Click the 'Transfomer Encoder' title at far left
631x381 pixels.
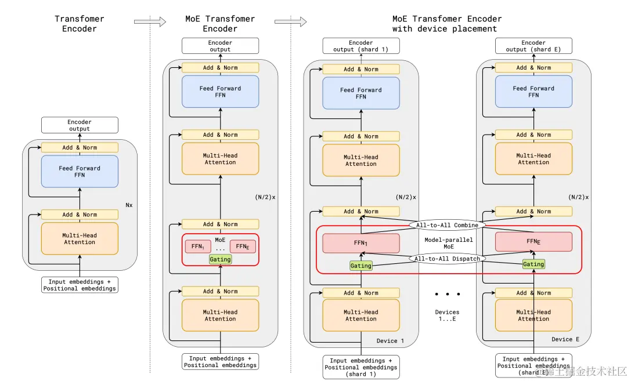[80, 24]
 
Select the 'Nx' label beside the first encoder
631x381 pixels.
[129, 205]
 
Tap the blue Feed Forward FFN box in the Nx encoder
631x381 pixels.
[80, 172]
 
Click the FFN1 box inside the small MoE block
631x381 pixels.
[198, 246]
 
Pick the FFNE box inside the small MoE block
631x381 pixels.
[243, 246]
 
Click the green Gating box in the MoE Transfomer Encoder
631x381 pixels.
[220, 259]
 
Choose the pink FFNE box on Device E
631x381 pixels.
[533, 242]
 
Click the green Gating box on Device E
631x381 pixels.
[533, 264]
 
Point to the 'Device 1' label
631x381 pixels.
[391, 340]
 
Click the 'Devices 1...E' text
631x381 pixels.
[447, 316]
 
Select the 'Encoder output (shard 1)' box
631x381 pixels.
[360, 46]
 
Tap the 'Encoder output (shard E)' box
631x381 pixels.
[533, 46]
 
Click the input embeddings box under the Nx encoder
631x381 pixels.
[80, 285]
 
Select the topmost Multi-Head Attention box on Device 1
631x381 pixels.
[360, 160]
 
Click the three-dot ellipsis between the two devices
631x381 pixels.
[447, 294]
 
